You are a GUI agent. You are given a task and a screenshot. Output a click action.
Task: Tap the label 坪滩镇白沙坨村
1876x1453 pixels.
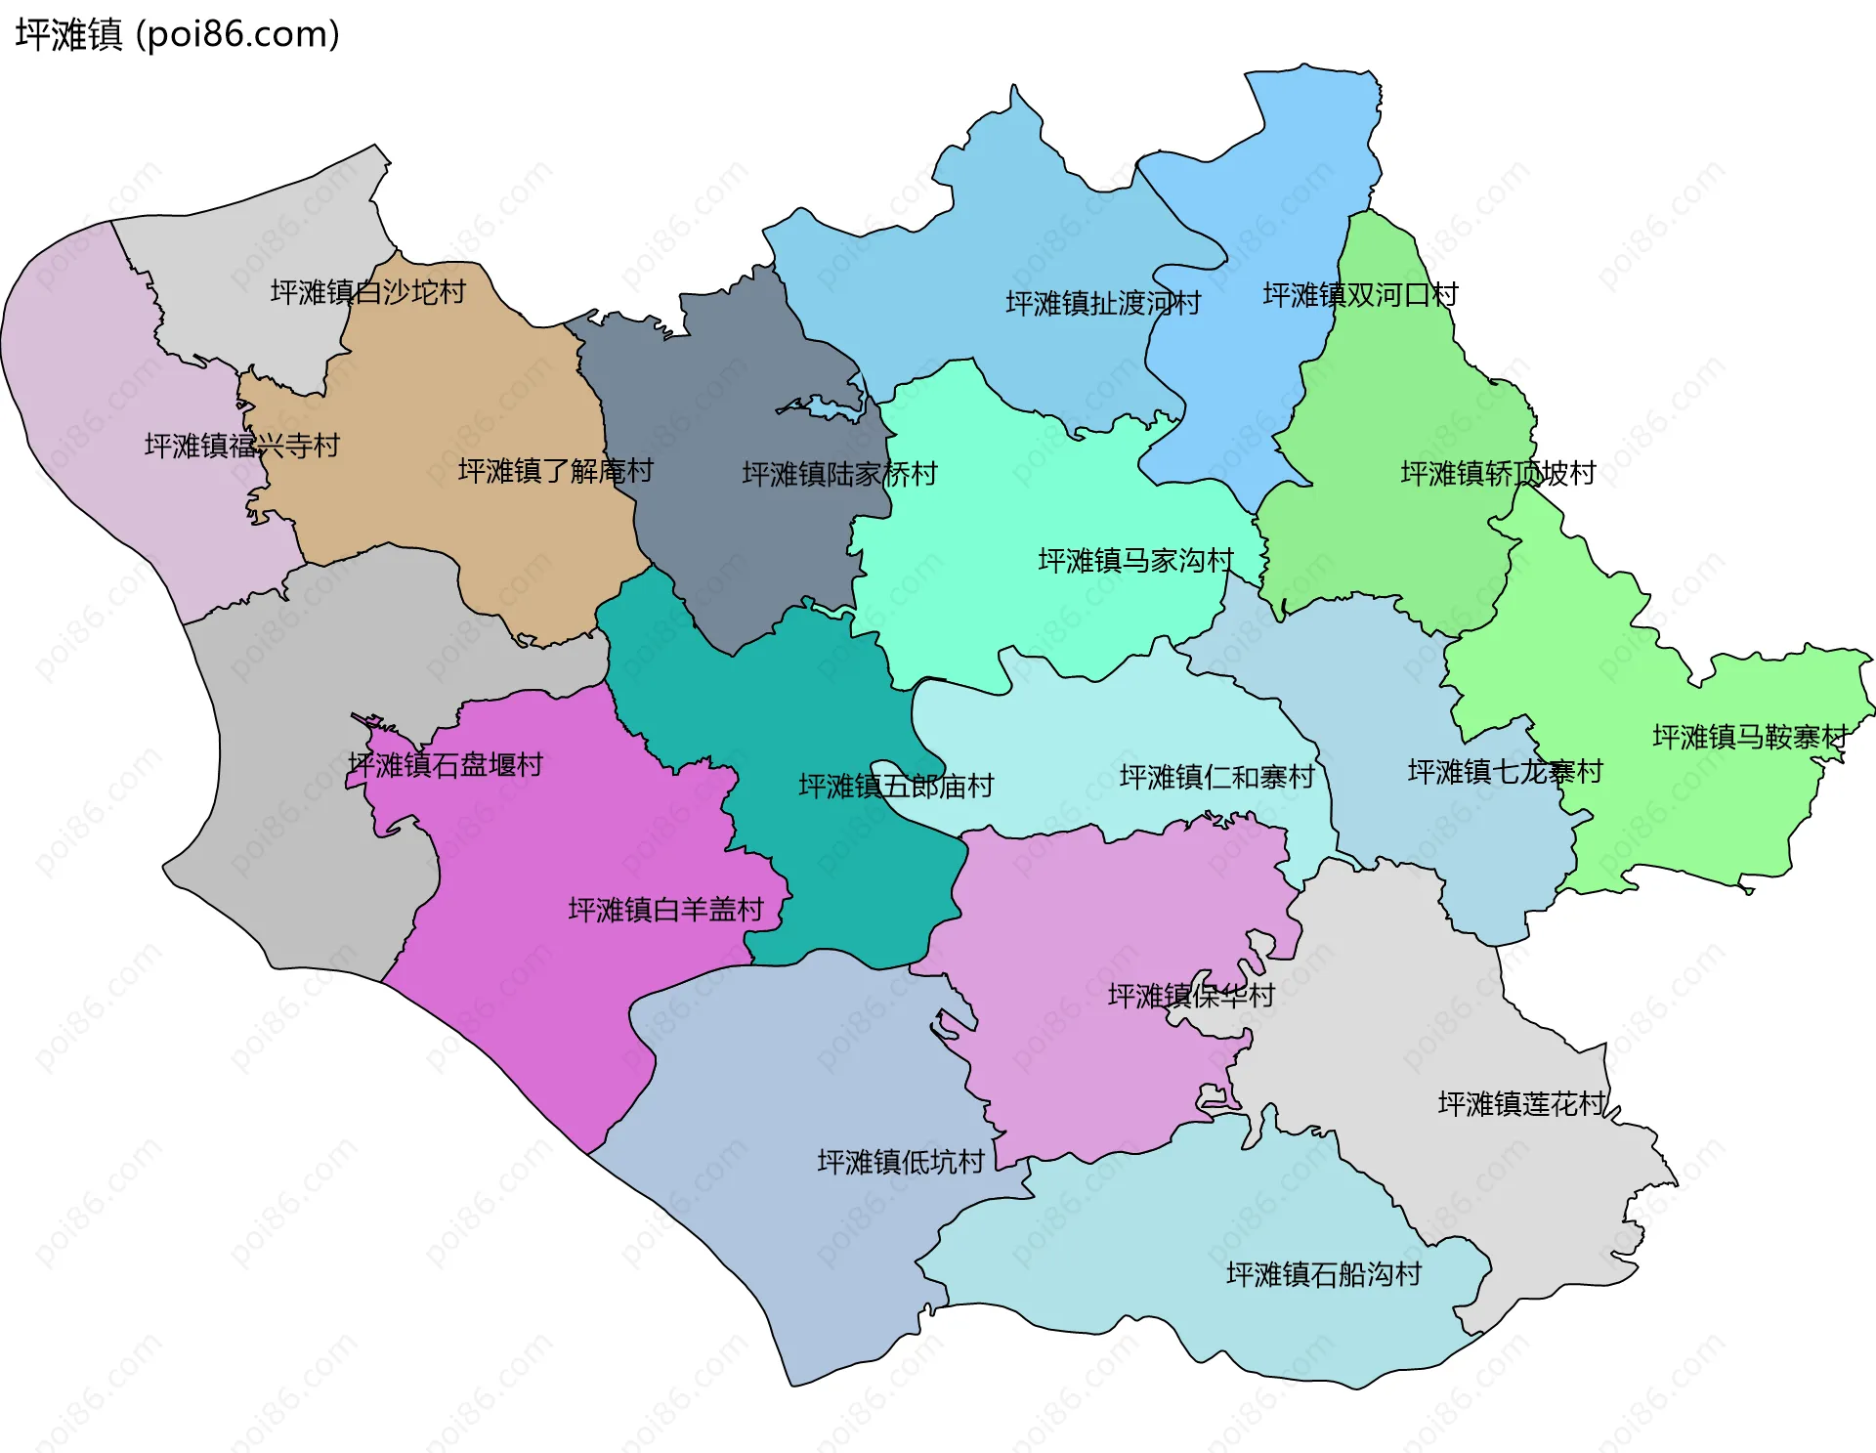(367, 292)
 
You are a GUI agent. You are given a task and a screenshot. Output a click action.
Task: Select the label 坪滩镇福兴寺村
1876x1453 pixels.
(241, 446)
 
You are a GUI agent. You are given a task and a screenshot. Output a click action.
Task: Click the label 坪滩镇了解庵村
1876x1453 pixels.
(555, 471)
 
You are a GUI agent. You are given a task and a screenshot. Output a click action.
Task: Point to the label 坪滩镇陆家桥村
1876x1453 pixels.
(839, 474)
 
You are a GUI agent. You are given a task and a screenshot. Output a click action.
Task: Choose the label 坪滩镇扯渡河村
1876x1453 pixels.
(1103, 303)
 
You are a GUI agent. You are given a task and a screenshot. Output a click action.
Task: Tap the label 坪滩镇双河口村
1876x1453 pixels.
(1360, 295)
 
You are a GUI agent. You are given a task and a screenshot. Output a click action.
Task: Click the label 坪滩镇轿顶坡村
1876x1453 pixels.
(1498, 474)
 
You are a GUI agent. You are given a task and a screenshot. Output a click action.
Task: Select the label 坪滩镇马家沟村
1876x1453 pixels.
(1135, 561)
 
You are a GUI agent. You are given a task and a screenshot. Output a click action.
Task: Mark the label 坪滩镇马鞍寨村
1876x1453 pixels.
(1749, 737)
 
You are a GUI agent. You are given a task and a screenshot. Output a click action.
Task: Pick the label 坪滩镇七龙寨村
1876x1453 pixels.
(1505, 772)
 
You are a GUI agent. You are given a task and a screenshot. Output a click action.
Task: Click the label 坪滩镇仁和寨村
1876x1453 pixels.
(1216, 778)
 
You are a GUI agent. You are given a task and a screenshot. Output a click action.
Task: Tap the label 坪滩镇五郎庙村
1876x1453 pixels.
(896, 786)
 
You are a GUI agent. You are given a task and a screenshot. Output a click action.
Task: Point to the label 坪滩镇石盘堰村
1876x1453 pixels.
(446, 765)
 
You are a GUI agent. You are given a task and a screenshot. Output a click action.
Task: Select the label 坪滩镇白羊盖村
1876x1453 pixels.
(665, 910)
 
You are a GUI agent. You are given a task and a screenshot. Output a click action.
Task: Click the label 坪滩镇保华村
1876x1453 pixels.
(1191, 996)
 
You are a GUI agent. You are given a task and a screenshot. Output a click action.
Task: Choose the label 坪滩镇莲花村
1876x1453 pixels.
(1521, 1104)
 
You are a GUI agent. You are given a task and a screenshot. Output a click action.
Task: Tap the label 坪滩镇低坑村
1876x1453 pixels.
(901, 1162)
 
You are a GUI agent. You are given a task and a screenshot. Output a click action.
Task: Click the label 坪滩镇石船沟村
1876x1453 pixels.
(1323, 1274)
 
